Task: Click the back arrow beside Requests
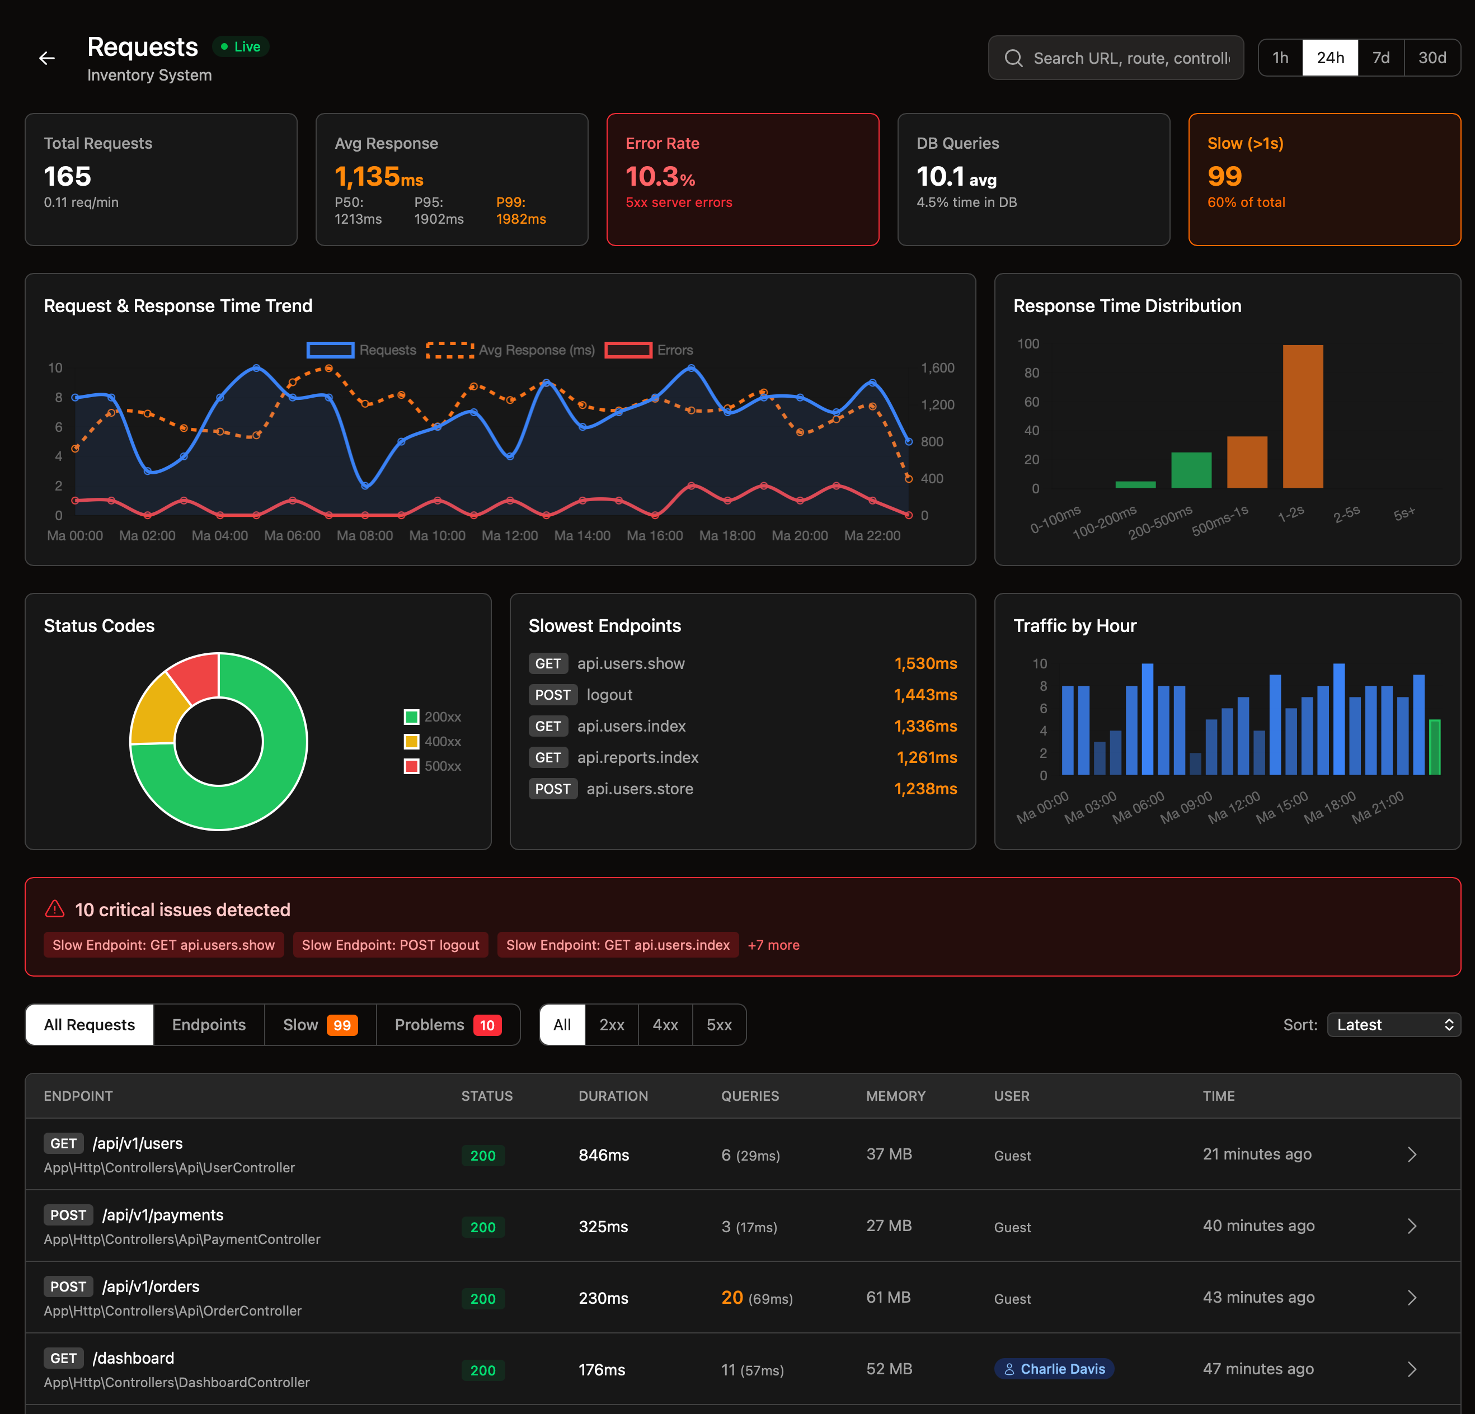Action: click(46, 58)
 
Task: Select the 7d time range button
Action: click(1380, 58)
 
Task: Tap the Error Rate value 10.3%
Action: click(660, 177)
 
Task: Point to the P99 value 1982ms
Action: click(521, 219)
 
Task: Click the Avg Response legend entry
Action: click(511, 350)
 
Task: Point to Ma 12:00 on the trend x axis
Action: click(509, 535)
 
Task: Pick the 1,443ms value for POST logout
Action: click(925, 695)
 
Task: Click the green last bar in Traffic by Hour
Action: click(1434, 747)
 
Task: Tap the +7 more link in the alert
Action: click(774, 945)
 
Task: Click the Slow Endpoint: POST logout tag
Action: click(390, 945)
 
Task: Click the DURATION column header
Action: click(613, 1096)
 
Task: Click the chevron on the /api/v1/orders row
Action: click(1412, 1298)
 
